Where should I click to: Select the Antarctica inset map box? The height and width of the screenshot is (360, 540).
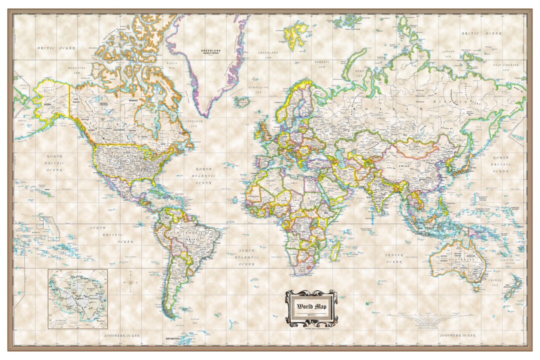pyautogui.click(x=77, y=298)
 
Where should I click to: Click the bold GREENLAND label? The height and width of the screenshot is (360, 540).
pyautogui.click(x=210, y=51)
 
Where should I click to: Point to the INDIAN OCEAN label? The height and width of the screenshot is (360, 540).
pyautogui.click(x=394, y=258)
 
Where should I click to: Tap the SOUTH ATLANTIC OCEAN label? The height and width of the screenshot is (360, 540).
pyautogui.click(x=246, y=256)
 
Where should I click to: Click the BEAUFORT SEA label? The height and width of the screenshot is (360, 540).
pyautogui.click(x=77, y=70)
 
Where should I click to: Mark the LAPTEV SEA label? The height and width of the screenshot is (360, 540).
pyautogui.click(x=448, y=53)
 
